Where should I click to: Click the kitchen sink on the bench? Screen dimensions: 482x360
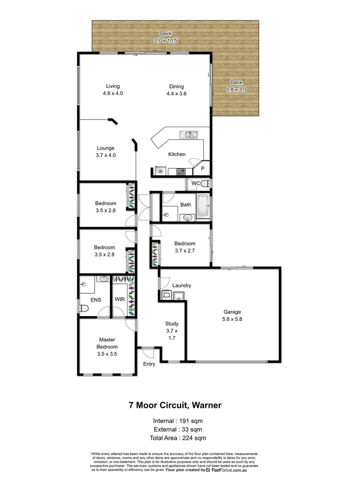[189, 134]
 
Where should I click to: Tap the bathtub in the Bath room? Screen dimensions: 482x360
[203, 206]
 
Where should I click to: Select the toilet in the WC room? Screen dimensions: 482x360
[205, 183]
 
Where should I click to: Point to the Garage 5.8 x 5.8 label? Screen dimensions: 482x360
[232, 316]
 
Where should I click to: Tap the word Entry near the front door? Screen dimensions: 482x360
[149, 364]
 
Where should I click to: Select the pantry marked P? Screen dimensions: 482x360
[203, 169]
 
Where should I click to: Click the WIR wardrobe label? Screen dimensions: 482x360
[120, 299]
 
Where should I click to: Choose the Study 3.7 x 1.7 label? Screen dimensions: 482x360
[172, 331]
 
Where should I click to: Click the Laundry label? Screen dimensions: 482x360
[182, 286]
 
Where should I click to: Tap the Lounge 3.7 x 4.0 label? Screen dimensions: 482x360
[106, 152]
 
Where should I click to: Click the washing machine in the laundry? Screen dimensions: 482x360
[167, 295]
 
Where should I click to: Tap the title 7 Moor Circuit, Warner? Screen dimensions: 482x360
[175, 406]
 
